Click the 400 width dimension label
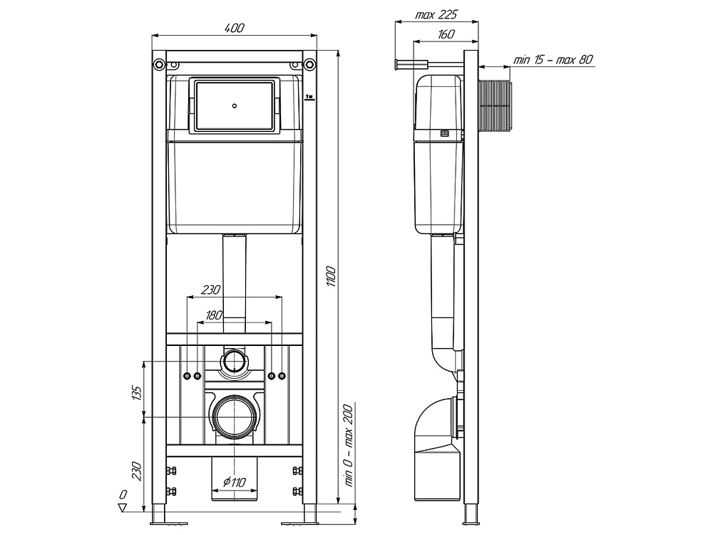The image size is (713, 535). click(x=235, y=28)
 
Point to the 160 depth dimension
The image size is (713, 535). click(x=447, y=34)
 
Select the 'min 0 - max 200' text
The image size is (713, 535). click(x=349, y=442)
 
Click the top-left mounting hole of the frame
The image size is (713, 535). click(x=155, y=66)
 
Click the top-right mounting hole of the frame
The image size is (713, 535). click(x=309, y=66)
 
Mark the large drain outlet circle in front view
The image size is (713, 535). click(x=233, y=416)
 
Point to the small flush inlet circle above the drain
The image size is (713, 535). click(x=233, y=362)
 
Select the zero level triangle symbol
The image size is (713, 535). click(x=122, y=508)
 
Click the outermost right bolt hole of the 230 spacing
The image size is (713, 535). click(x=282, y=375)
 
